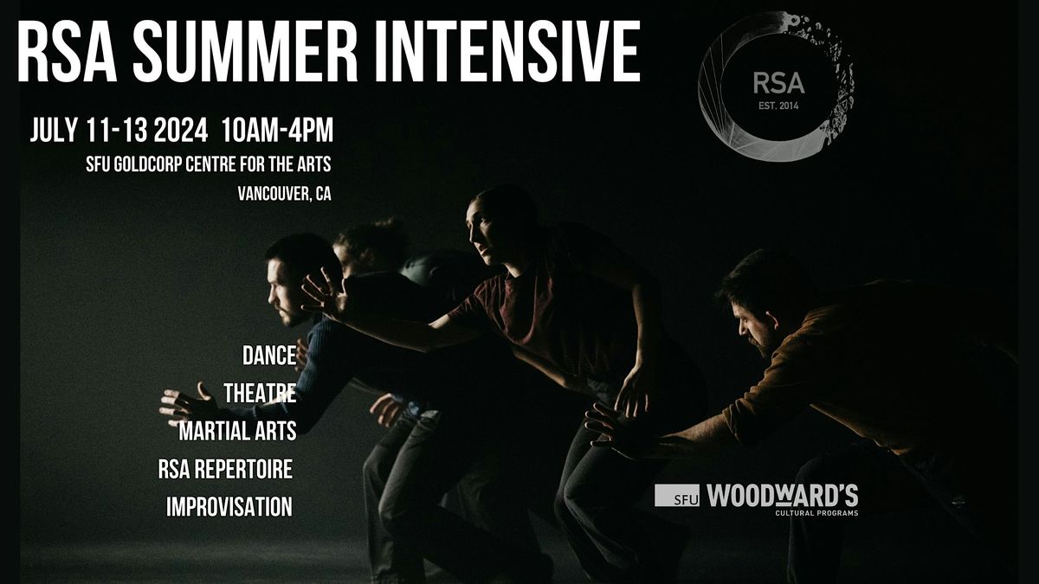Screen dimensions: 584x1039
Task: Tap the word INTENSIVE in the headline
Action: (x=512, y=53)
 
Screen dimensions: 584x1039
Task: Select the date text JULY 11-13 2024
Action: (x=119, y=131)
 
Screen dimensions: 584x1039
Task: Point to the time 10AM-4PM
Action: (x=277, y=131)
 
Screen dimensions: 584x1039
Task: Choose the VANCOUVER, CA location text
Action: (x=284, y=194)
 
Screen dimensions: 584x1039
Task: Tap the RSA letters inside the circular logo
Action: (x=778, y=84)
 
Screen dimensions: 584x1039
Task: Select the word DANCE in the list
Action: (x=269, y=355)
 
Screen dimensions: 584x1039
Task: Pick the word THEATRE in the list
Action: (x=260, y=393)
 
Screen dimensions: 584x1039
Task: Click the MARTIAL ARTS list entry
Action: (x=237, y=430)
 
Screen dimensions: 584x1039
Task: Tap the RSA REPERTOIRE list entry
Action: (x=225, y=470)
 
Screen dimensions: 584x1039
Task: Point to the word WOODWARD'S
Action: (x=782, y=496)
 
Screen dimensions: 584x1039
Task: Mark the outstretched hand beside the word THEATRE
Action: (x=185, y=401)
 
